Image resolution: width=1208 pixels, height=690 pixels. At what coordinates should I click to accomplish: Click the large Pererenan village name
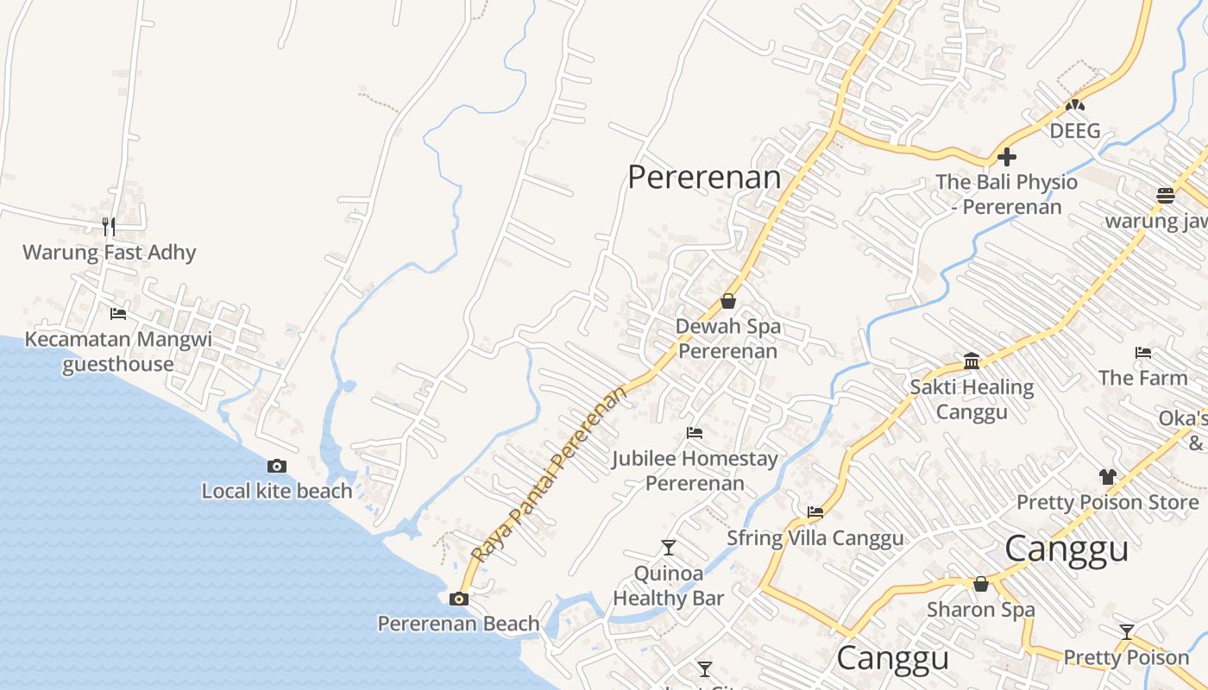[704, 177]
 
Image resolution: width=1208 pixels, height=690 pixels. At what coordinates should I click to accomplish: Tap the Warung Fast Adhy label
[110, 253]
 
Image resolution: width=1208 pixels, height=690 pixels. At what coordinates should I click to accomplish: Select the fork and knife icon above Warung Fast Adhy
[109, 226]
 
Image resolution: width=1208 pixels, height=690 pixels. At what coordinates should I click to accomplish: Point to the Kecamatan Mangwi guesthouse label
[118, 351]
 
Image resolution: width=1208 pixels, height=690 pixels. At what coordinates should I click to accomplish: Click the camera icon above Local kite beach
[277, 467]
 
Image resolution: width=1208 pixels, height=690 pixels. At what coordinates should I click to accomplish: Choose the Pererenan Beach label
[458, 624]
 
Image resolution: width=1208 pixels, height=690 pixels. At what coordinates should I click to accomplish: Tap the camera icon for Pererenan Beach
[459, 599]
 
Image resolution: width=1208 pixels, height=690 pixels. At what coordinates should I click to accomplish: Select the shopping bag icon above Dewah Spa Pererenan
[728, 301]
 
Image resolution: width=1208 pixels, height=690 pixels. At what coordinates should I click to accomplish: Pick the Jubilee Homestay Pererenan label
[695, 470]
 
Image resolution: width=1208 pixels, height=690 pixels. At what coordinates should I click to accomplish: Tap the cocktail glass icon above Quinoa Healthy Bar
[668, 548]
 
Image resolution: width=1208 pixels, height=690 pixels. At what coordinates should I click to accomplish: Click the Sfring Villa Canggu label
[815, 538]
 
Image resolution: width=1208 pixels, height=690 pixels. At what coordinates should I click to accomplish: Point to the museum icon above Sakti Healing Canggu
[972, 361]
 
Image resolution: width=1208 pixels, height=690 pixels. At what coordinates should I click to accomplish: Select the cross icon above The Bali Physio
[1006, 157]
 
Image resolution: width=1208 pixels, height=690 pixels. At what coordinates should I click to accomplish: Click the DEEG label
[1075, 131]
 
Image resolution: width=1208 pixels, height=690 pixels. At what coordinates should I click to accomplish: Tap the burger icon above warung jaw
[1166, 195]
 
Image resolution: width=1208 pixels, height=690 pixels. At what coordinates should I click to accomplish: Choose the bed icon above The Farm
[1143, 352]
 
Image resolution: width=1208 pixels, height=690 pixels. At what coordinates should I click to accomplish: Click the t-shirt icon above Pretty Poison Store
[1108, 476]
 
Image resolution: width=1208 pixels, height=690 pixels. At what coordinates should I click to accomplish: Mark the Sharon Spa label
[981, 610]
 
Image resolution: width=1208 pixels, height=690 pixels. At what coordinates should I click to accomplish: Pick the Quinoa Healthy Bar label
[669, 586]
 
